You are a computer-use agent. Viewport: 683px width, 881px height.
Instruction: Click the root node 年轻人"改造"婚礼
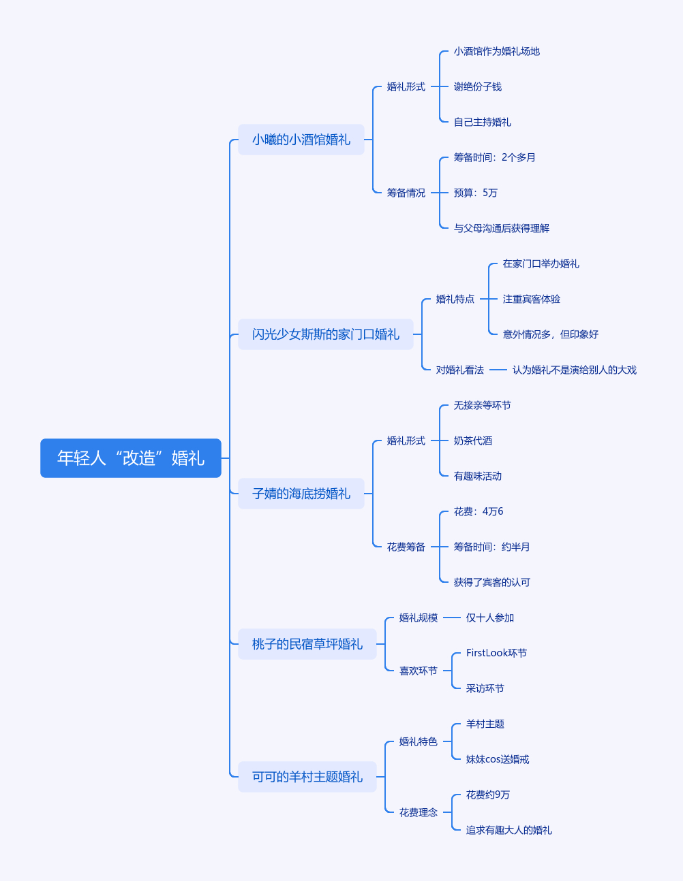131,458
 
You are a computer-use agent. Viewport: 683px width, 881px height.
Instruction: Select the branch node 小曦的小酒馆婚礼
301,140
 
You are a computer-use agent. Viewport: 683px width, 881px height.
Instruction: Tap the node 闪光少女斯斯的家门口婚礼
326,334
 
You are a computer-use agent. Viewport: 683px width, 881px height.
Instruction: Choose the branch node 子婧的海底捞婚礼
301,494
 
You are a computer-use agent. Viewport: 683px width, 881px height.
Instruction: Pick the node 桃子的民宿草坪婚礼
307,644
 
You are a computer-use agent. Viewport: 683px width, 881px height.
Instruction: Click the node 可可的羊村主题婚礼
307,777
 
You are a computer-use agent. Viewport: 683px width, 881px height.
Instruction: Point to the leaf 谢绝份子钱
478,86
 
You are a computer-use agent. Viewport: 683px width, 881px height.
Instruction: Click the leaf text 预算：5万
476,193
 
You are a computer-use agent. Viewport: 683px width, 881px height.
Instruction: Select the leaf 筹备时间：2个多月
495,157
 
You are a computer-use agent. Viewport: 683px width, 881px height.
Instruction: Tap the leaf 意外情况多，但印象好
551,334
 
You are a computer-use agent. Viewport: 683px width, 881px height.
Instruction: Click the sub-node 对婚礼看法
460,370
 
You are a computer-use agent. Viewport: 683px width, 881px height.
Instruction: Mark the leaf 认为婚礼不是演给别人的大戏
575,370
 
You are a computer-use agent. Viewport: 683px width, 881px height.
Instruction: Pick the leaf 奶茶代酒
473,441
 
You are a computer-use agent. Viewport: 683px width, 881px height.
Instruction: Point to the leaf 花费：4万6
479,511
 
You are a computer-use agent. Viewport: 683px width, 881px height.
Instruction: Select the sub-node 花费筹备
406,547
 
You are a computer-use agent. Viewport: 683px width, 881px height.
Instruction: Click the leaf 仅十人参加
490,618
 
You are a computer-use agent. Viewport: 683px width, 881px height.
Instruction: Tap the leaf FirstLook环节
496,653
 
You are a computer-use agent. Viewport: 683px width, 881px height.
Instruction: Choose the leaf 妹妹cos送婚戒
498,759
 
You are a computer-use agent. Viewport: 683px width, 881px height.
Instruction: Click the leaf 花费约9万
488,795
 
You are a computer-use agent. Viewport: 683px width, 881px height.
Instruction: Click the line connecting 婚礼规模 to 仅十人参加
452,618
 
